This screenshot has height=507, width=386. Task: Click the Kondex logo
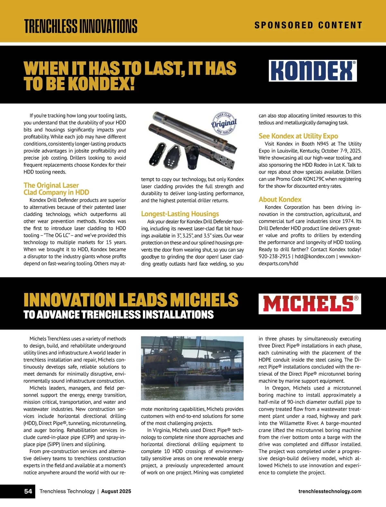tap(313, 70)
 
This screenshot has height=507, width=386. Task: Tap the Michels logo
tap(309, 304)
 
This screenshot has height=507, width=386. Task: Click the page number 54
tap(28, 491)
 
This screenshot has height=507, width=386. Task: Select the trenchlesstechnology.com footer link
tap(330, 491)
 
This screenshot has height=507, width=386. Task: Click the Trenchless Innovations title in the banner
tap(81, 26)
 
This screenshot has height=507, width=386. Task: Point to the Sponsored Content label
tap(308, 25)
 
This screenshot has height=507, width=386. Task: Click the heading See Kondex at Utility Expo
tap(298, 136)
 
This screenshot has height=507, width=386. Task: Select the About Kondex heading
tap(280, 199)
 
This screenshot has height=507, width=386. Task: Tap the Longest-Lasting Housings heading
tap(180, 214)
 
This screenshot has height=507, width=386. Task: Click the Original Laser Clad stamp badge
tap(224, 123)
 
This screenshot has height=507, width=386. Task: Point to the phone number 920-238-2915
tap(274, 257)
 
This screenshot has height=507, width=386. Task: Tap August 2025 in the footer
tap(116, 491)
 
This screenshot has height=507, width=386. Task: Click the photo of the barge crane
tap(192, 368)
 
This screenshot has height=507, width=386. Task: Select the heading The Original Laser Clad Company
tap(56, 189)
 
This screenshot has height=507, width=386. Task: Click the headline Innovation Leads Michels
tap(131, 300)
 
